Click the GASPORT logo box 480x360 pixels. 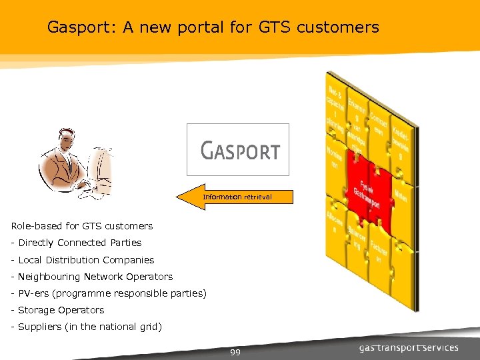[238, 150]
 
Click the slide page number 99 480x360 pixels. [235, 351]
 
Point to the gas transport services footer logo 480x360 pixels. [409, 347]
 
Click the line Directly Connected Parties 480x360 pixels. [80, 243]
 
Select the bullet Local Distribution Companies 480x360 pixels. [86, 260]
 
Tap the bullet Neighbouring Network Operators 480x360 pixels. [95, 277]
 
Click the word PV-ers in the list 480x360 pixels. [33, 293]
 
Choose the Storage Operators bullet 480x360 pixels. [61, 310]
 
